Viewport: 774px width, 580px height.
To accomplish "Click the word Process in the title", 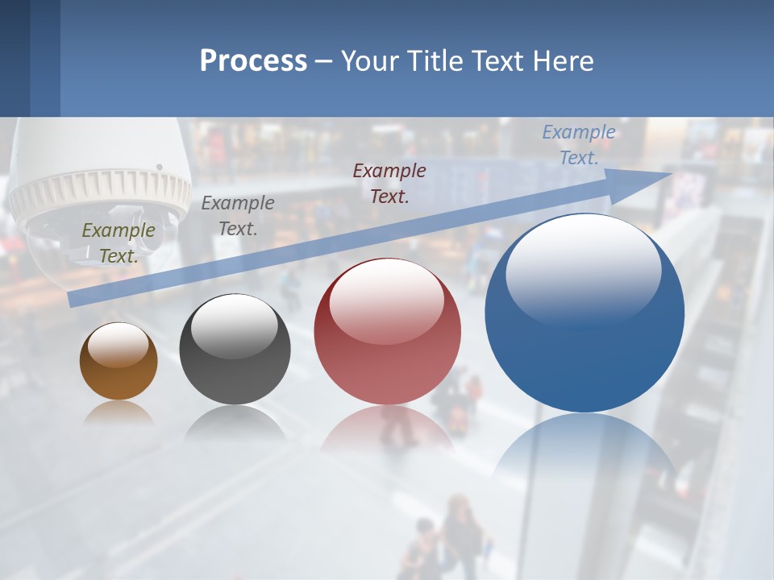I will click(x=253, y=61).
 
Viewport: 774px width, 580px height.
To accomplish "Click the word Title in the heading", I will click(x=432, y=61).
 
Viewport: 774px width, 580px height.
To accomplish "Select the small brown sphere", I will click(x=119, y=362).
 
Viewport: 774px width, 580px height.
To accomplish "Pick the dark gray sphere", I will click(x=235, y=350).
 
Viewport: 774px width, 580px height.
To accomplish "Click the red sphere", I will click(x=387, y=332).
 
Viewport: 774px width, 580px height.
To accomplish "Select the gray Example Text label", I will click(x=238, y=216).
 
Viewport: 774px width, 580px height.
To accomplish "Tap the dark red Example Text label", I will click(x=389, y=183).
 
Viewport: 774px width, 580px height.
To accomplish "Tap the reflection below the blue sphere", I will click(x=585, y=451).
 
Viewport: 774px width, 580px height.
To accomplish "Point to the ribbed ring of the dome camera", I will click(x=101, y=193).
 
